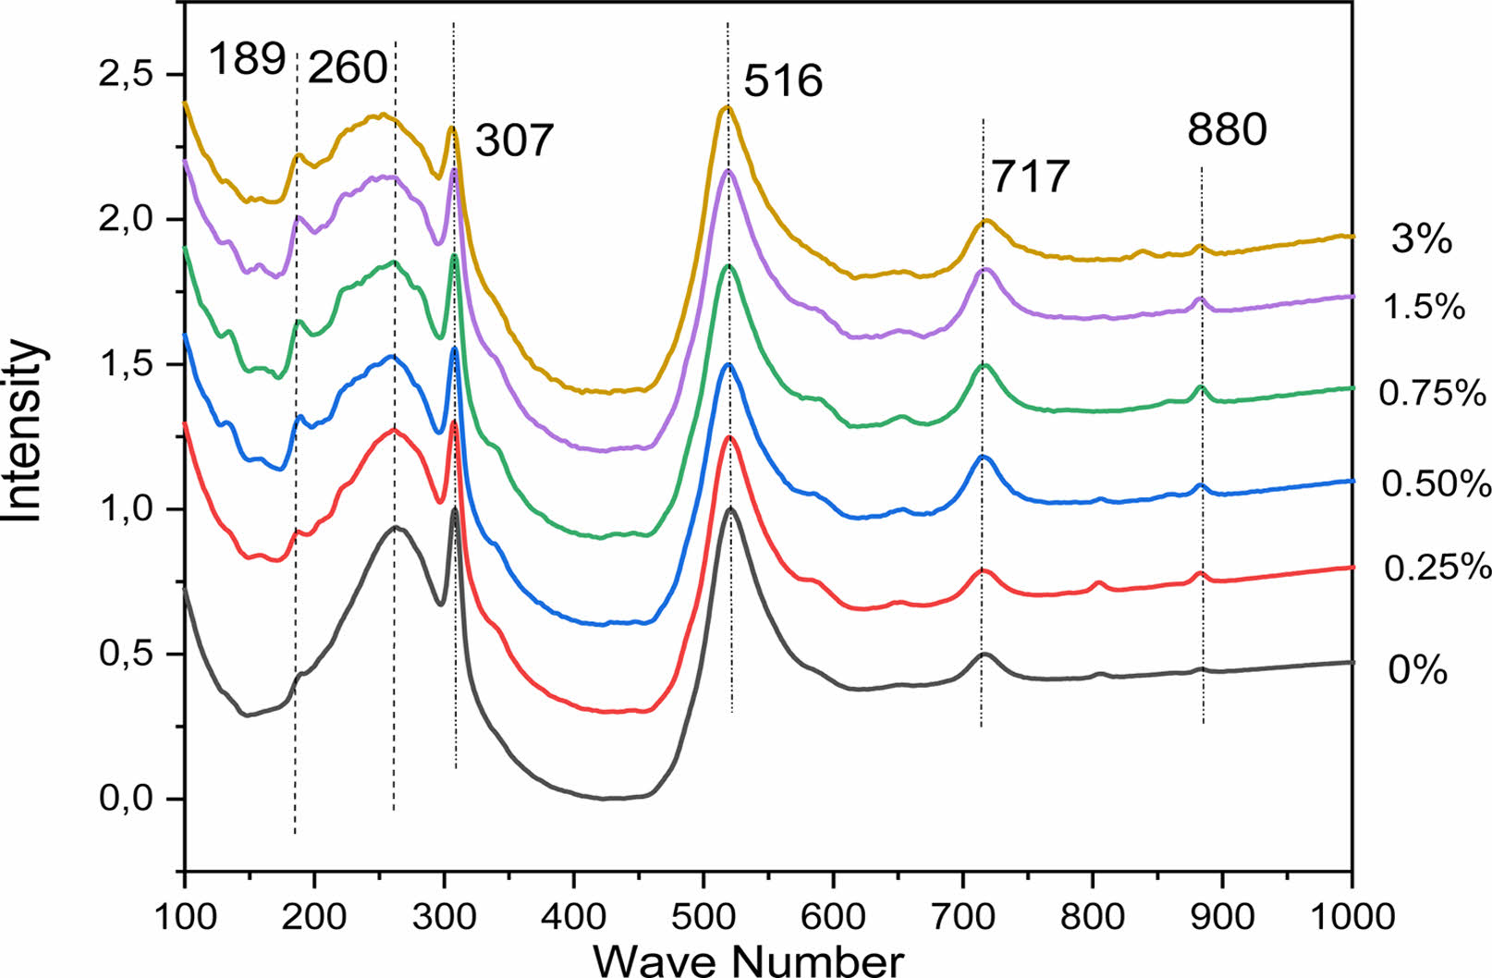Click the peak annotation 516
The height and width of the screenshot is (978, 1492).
coord(783,81)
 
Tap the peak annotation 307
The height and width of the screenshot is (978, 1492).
coord(514,141)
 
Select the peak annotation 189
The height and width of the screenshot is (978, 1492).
coord(247,60)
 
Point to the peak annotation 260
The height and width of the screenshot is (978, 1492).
coord(348,67)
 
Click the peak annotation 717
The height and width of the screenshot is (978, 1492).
coord(1031,177)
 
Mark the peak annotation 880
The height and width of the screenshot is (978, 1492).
coord(1228,130)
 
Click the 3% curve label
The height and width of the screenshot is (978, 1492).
coord(1422,240)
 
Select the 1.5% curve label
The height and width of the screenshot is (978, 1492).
coord(1425,306)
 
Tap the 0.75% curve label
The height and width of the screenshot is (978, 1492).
coord(1432,394)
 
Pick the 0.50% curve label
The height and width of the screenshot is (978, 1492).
coord(1436,483)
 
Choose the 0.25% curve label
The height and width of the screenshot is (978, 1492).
coord(1437,568)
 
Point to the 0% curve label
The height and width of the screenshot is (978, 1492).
coord(1417,670)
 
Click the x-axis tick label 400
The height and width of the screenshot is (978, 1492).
coord(574,917)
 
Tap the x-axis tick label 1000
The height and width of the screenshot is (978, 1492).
coord(1352,917)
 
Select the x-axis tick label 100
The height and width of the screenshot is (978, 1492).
coord(185,917)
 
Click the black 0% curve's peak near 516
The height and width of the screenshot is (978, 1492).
coord(730,508)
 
